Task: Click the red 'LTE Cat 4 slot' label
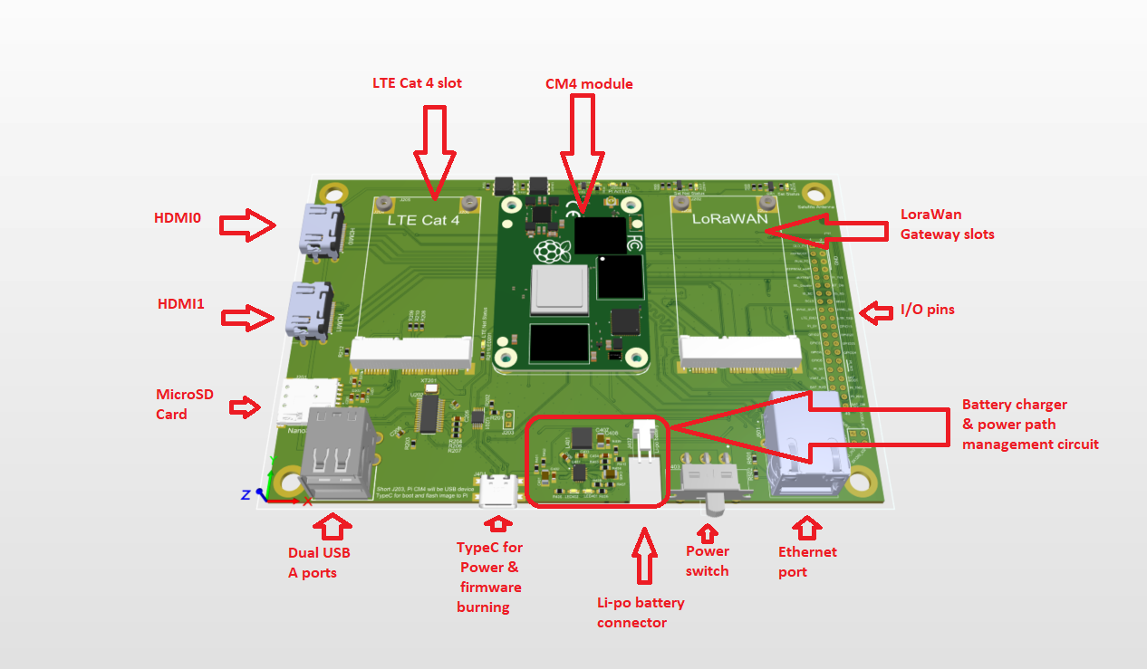(x=417, y=83)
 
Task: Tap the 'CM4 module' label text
(x=589, y=84)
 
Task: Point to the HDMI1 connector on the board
(x=309, y=309)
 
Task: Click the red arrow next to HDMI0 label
(x=247, y=224)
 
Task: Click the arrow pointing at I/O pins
(x=875, y=313)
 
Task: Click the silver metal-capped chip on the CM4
(x=560, y=291)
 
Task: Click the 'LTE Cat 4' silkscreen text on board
(x=423, y=219)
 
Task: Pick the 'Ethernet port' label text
(x=807, y=561)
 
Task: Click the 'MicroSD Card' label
(x=185, y=405)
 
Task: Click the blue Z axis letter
(x=246, y=494)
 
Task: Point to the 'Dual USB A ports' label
(x=319, y=562)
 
